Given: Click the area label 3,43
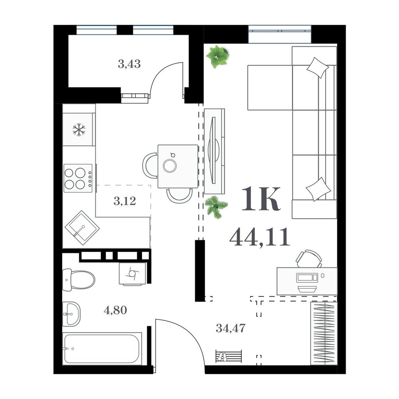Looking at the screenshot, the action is coord(129,64).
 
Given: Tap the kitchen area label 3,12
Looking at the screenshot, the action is coord(124,201).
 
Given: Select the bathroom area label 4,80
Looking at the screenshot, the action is coord(115,310).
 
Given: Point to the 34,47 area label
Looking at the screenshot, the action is coord(231,328).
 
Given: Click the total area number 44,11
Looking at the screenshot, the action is coord(260,237).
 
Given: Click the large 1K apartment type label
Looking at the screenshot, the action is coord(261,199).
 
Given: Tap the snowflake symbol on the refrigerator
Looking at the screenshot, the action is coord(79,130).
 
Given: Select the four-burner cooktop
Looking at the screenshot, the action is coord(78,178).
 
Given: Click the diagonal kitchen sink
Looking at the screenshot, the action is coord(82,228).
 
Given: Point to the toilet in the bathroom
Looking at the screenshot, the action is coord(79,280).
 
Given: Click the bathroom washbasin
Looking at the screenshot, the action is coord(71,314).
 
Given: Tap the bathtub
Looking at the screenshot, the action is coord(102,348).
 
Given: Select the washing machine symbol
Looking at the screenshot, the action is coord(133,274).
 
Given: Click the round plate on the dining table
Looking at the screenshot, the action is coord(170,166).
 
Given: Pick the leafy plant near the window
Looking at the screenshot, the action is coord(217,56).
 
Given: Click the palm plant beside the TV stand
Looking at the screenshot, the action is coord(216,206).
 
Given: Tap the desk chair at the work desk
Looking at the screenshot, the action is coord(309,259).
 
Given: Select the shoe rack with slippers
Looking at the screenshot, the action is coord(229,356).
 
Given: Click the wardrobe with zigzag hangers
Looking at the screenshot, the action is coord(324,333).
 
